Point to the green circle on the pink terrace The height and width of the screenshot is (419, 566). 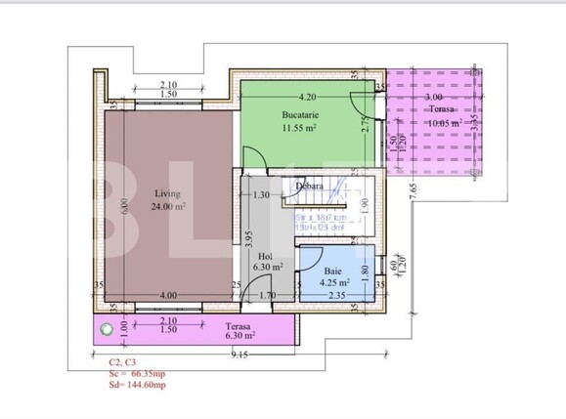point(108,330)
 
